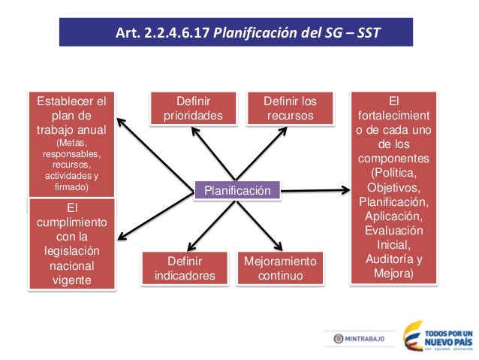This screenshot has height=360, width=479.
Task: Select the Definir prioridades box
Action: (x=193, y=108)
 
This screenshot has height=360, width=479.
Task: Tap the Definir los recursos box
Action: (x=290, y=108)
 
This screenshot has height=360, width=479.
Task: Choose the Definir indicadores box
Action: (x=185, y=268)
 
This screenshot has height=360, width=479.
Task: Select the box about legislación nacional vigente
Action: (x=72, y=243)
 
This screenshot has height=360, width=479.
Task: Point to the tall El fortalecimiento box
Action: (x=393, y=187)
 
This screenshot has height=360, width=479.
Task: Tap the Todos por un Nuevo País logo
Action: (x=438, y=337)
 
